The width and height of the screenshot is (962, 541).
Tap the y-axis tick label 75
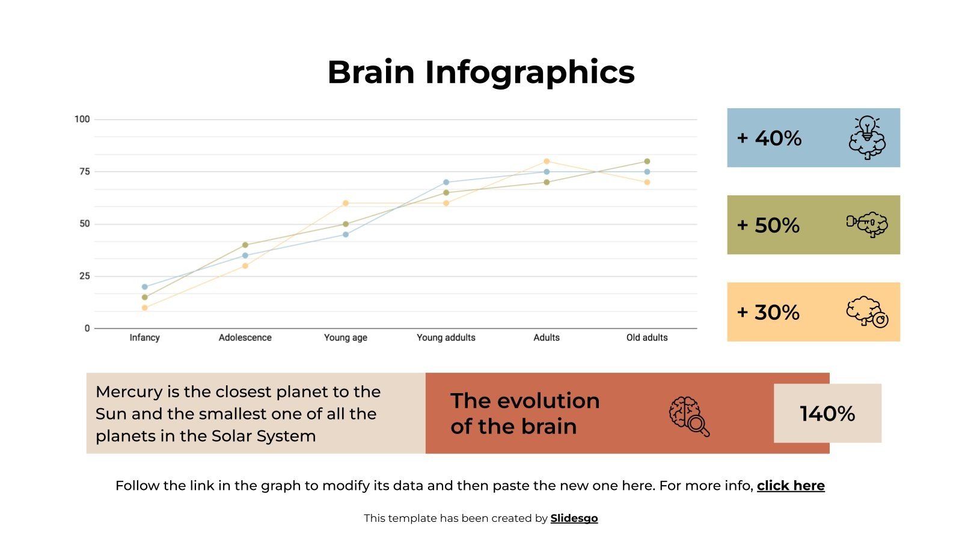point(84,172)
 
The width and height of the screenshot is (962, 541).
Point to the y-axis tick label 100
point(82,119)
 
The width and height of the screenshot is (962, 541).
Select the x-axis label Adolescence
point(245,338)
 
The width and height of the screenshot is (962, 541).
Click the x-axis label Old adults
point(647,338)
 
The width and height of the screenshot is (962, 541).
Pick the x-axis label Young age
point(345,338)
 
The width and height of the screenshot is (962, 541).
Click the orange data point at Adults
point(547,161)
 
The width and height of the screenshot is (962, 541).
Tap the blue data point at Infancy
point(144,287)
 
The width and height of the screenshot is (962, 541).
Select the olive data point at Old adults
point(647,161)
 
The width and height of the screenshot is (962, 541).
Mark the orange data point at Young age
point(345,203)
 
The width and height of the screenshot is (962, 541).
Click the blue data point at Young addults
point(446,182)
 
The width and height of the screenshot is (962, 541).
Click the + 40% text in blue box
point(770,138)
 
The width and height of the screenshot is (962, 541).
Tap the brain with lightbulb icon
point(867,138)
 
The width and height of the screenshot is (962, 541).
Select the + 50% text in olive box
point(768,225)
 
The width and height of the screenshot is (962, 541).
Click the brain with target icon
point(867,311)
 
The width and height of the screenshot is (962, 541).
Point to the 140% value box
point(827,414)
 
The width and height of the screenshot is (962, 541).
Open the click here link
point(791,486)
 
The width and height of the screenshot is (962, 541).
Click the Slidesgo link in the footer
point(574,518)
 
